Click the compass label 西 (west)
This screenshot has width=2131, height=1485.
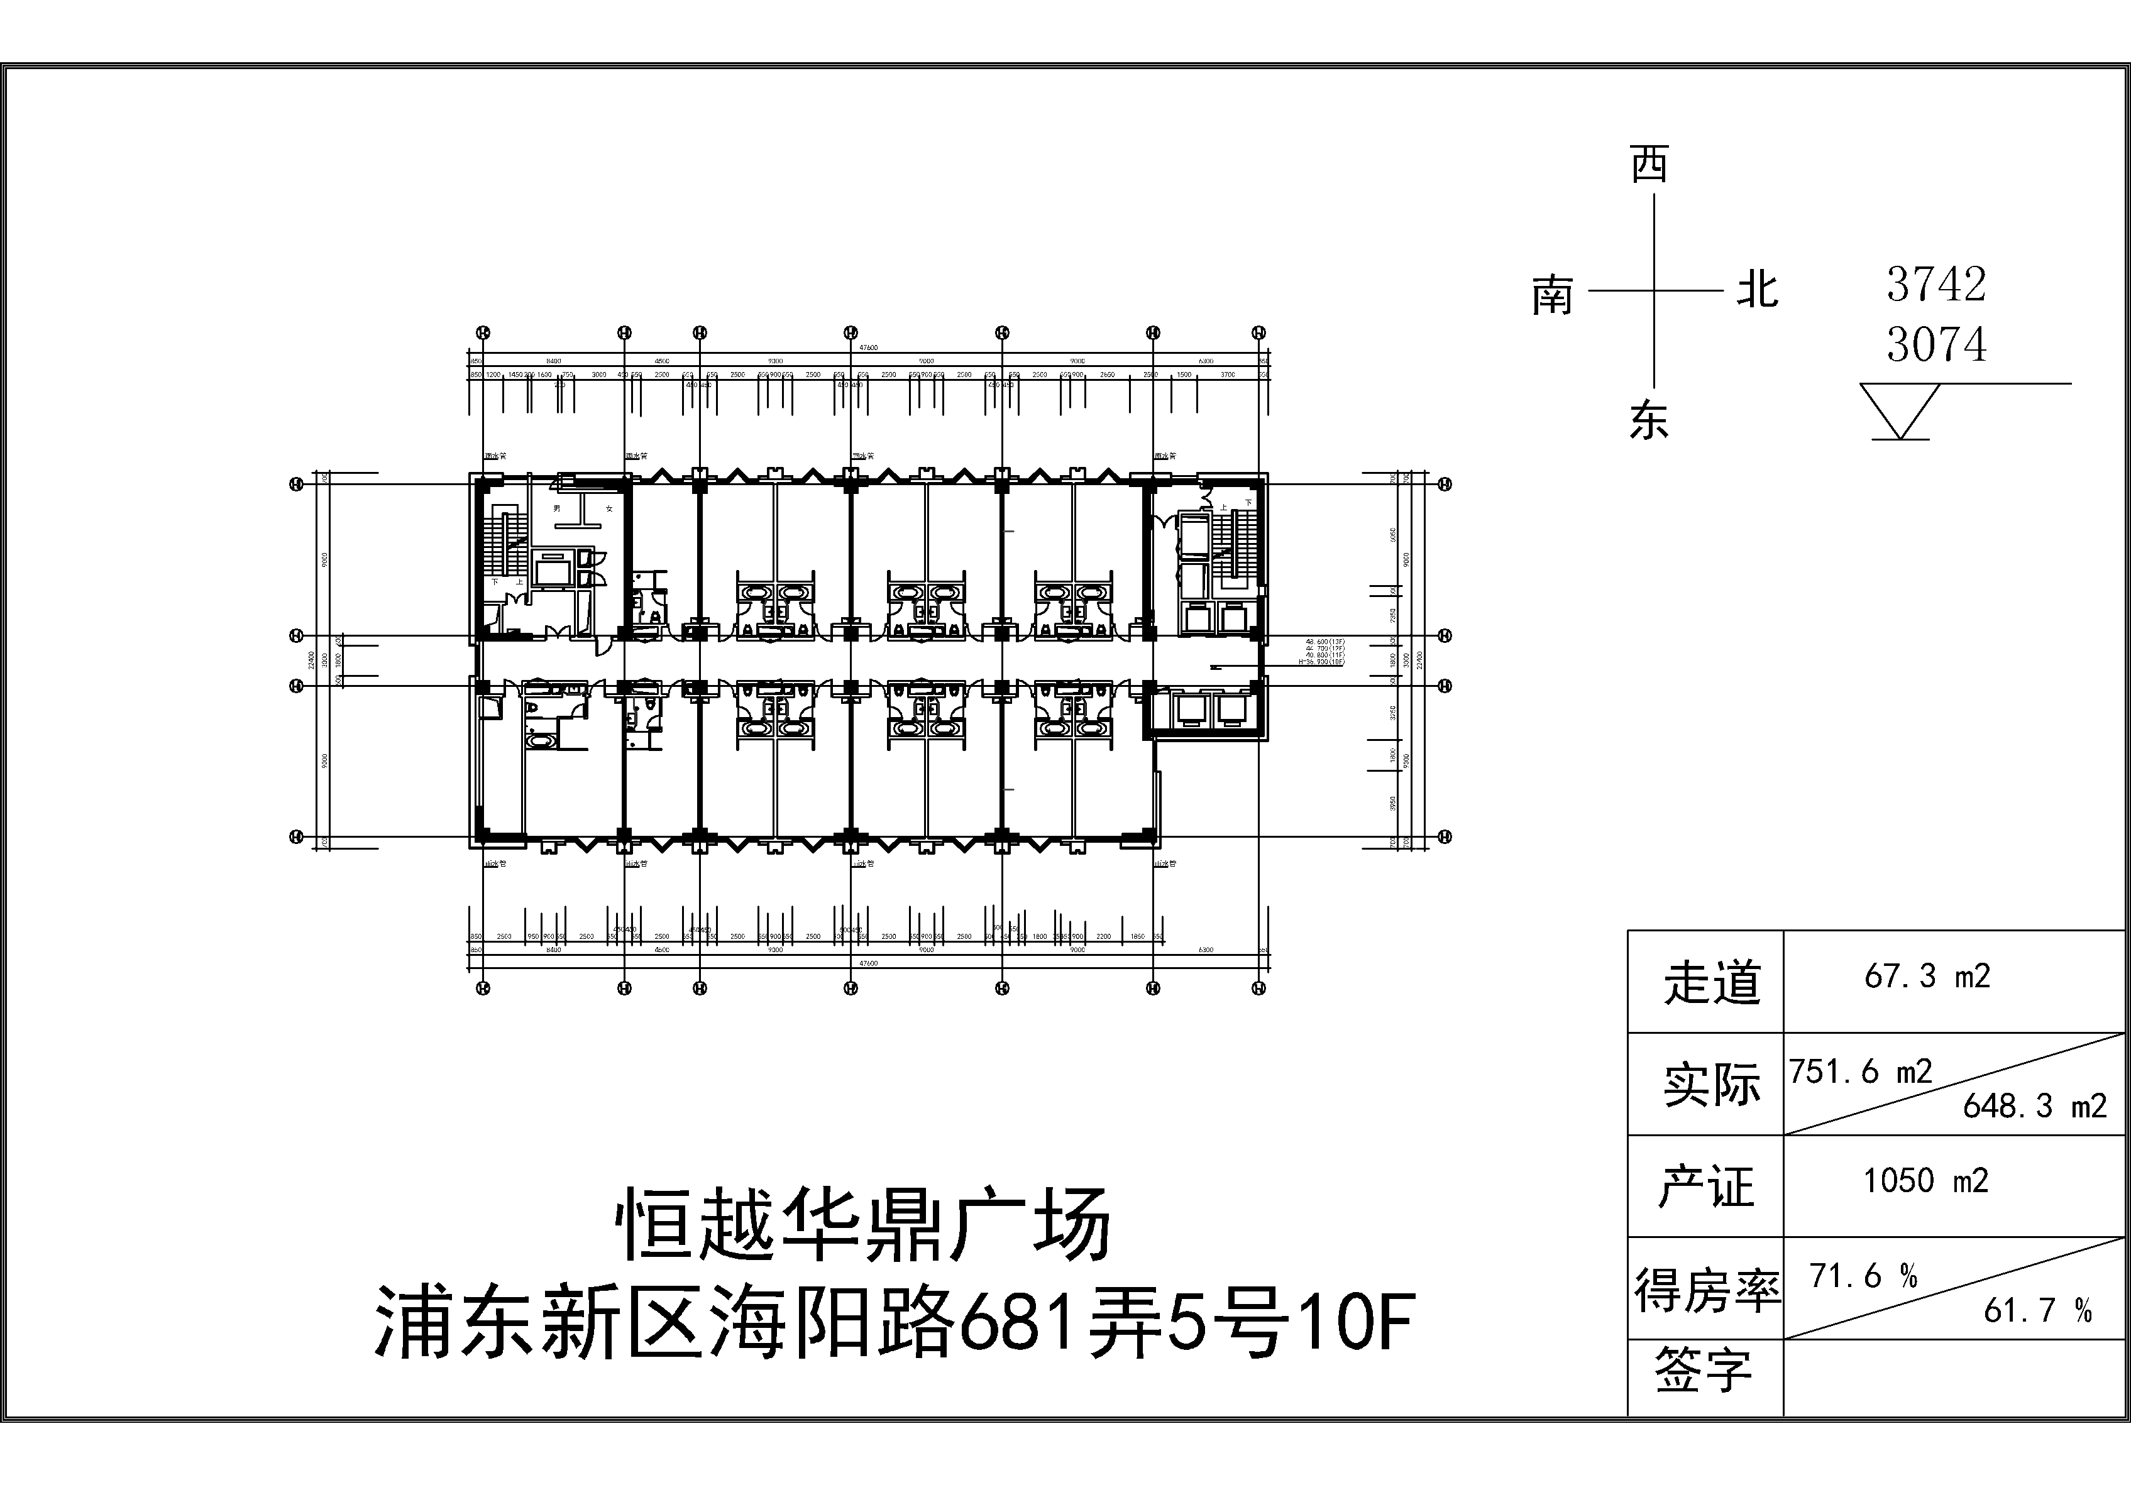pyautogui.click(x=1649, y=165)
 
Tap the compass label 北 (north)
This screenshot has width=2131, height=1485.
pyautogui.click(x=1757, y=290)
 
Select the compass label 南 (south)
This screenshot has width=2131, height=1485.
pyautogui.click(x=1552, y=295)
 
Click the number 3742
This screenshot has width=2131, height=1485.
pyautogui.click(x=1936, y=284)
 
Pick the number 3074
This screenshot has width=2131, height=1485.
pyautogui.click(x=1936, y=344)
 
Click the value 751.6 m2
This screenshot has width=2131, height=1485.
pyautogui.click(x=1861, y=1072)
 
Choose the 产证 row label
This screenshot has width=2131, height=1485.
pyautogui.click(x=1706, y=1186)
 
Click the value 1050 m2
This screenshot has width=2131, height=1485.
pyautogui.click(x=1927, y=1181)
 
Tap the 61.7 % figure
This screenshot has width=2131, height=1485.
pyautogui.click(x=2038, y=1310)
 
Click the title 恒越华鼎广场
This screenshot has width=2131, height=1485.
pyautogui.click(x=863, y=1225)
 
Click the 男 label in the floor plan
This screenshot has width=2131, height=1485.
pyautogui.click(x=557, y=508)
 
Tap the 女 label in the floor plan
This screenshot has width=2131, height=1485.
pyautogui.click(x=609, y=508)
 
